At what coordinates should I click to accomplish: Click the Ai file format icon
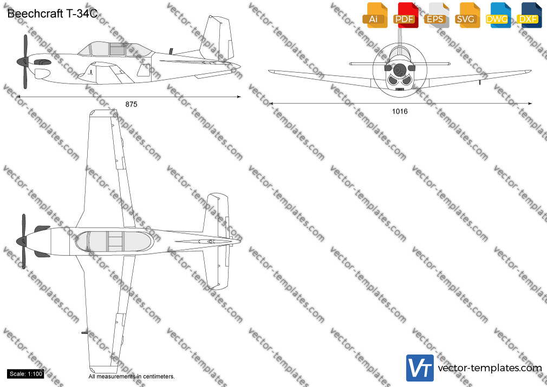[375, 15]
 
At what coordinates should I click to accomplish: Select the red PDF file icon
[406, 15]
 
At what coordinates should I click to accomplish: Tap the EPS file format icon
[437, 15]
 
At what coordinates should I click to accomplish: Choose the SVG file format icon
[467, 15]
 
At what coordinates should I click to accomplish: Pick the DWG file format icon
[498, 15]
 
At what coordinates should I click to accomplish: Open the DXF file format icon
[529, 15]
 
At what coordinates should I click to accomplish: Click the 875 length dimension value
[131, 104]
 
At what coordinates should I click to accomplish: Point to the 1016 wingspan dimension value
[400, 112]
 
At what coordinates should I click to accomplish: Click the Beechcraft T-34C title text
[53, 14]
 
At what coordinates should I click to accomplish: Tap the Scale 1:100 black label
[25, 374]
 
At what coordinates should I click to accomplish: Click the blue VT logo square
[420, 368]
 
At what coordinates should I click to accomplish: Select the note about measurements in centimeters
[132, 377]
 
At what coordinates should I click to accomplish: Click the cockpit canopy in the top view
[114, 242]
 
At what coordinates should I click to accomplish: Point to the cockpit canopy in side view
[115, 49]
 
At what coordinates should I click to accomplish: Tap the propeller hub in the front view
[400, 70]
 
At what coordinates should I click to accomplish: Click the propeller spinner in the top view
[22, 241]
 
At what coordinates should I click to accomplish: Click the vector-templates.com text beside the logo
[490, 368]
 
